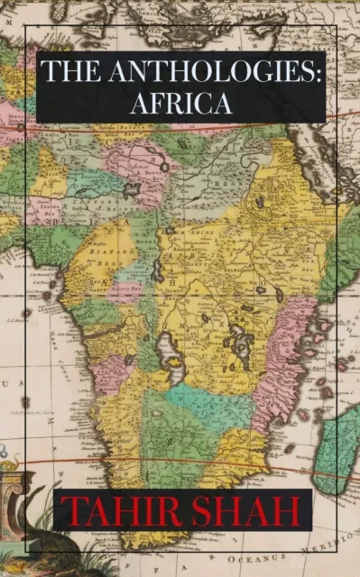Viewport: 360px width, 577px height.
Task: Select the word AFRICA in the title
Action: (180, 103)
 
